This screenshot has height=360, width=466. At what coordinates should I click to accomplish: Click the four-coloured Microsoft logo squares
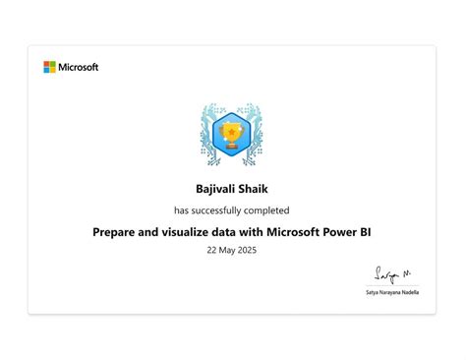point(49,67)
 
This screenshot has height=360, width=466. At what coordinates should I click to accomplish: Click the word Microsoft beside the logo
point(79,67)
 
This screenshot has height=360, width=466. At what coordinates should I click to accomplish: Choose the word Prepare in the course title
point(118,232)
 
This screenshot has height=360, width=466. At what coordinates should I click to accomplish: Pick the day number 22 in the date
point(212,251)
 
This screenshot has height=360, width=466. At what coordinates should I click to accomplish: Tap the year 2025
point(250,251)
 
